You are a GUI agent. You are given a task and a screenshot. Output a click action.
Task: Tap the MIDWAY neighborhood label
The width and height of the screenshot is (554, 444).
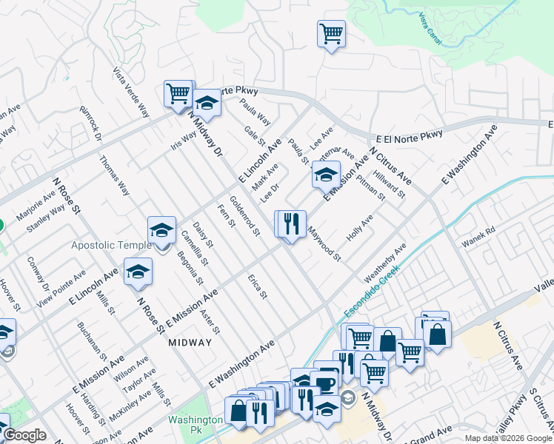tap(190, 343)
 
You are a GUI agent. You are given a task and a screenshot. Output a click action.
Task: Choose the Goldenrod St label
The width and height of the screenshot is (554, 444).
tap(244, 215)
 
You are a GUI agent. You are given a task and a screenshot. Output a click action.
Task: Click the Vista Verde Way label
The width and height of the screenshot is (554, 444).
tap(130, 93)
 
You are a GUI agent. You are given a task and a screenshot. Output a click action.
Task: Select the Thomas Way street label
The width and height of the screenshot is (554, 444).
tap(114, 175)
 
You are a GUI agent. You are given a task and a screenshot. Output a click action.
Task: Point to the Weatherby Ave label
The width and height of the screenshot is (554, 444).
tap(384, 262)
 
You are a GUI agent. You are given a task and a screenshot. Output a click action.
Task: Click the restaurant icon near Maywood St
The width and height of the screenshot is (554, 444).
tap(291, 223)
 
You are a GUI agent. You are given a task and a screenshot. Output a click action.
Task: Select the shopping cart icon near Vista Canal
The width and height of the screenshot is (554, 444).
tap(331, 34)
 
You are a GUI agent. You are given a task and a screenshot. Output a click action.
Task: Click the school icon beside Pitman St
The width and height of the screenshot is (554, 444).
tap(325, 175)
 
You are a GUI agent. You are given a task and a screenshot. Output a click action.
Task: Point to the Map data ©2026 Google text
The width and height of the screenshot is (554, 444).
tap(508, 438)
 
